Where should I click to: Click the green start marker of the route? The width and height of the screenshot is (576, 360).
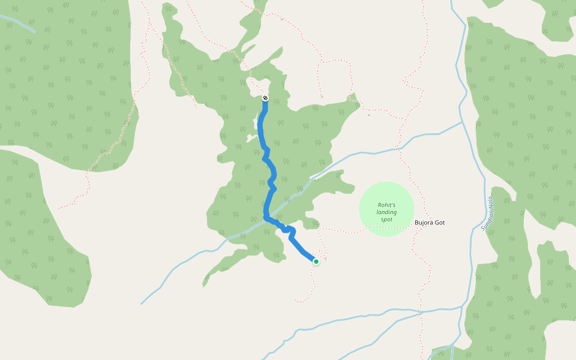[x=316, y=261]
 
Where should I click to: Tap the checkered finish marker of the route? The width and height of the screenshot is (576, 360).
[x=265, y=98]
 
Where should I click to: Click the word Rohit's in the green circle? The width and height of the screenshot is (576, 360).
[x=386, y=204]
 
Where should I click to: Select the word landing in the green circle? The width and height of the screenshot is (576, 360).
[x=386, y=212]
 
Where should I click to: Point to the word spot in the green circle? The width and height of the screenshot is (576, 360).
[x=386, y=220]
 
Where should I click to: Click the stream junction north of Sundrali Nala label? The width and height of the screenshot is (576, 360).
[x=463, y=122]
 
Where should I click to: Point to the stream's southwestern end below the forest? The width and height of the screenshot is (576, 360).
[x=142, y=304]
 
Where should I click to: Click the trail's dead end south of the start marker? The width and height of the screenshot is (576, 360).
[x=295, y=300]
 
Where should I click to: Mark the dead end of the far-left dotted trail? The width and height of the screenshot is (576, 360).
[x=59, y=208]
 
